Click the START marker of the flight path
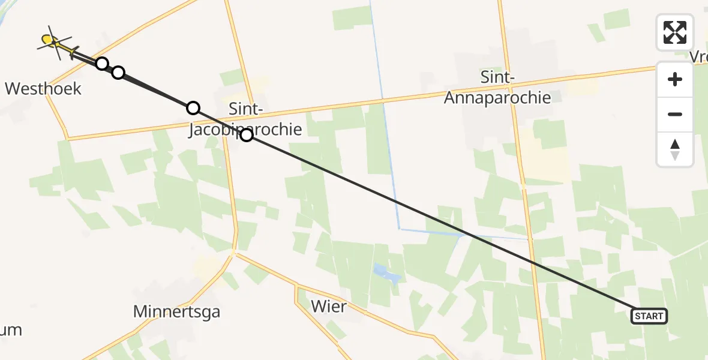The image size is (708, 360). click(x=649, y=316)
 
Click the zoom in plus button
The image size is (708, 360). click(x=675, y=79)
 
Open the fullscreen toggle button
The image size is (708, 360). click(x=675, y=32)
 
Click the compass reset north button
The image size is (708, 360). click(x=675, y=149)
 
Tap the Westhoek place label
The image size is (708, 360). click(x=43, y=89)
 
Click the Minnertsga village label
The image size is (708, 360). click(x=176, y=311)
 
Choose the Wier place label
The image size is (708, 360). click(x=329, y=307)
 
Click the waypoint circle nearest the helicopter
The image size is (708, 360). click(x=102, y=64)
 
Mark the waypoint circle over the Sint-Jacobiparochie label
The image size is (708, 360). click(x=247, y=135)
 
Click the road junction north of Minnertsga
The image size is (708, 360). click(x=233, y=254)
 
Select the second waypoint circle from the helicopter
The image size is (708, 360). click(x=118, y=73)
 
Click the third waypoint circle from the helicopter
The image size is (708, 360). click(x=193, y=108)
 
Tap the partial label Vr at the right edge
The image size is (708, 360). click(x=699, y=57)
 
